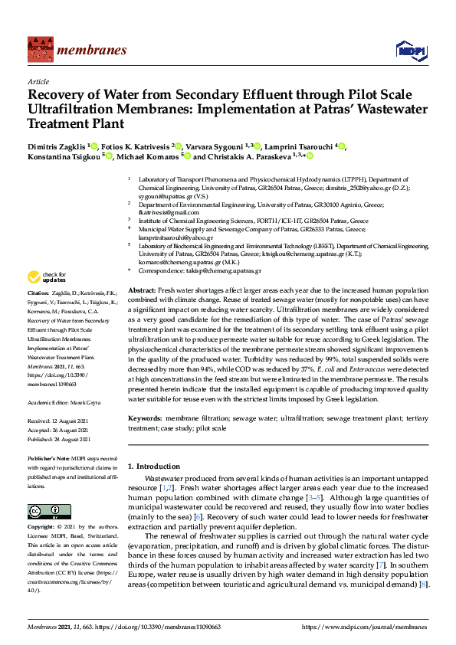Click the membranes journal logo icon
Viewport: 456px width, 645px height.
[39, 50]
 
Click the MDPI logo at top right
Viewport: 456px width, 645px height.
[406, 51]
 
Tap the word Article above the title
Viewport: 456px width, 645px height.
[38, 81]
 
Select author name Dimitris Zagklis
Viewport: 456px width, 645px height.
[58, 146]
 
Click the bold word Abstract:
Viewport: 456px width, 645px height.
[142, 293]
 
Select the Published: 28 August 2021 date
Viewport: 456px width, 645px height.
[59, 439]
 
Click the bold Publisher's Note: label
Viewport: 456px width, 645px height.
[48, 458]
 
